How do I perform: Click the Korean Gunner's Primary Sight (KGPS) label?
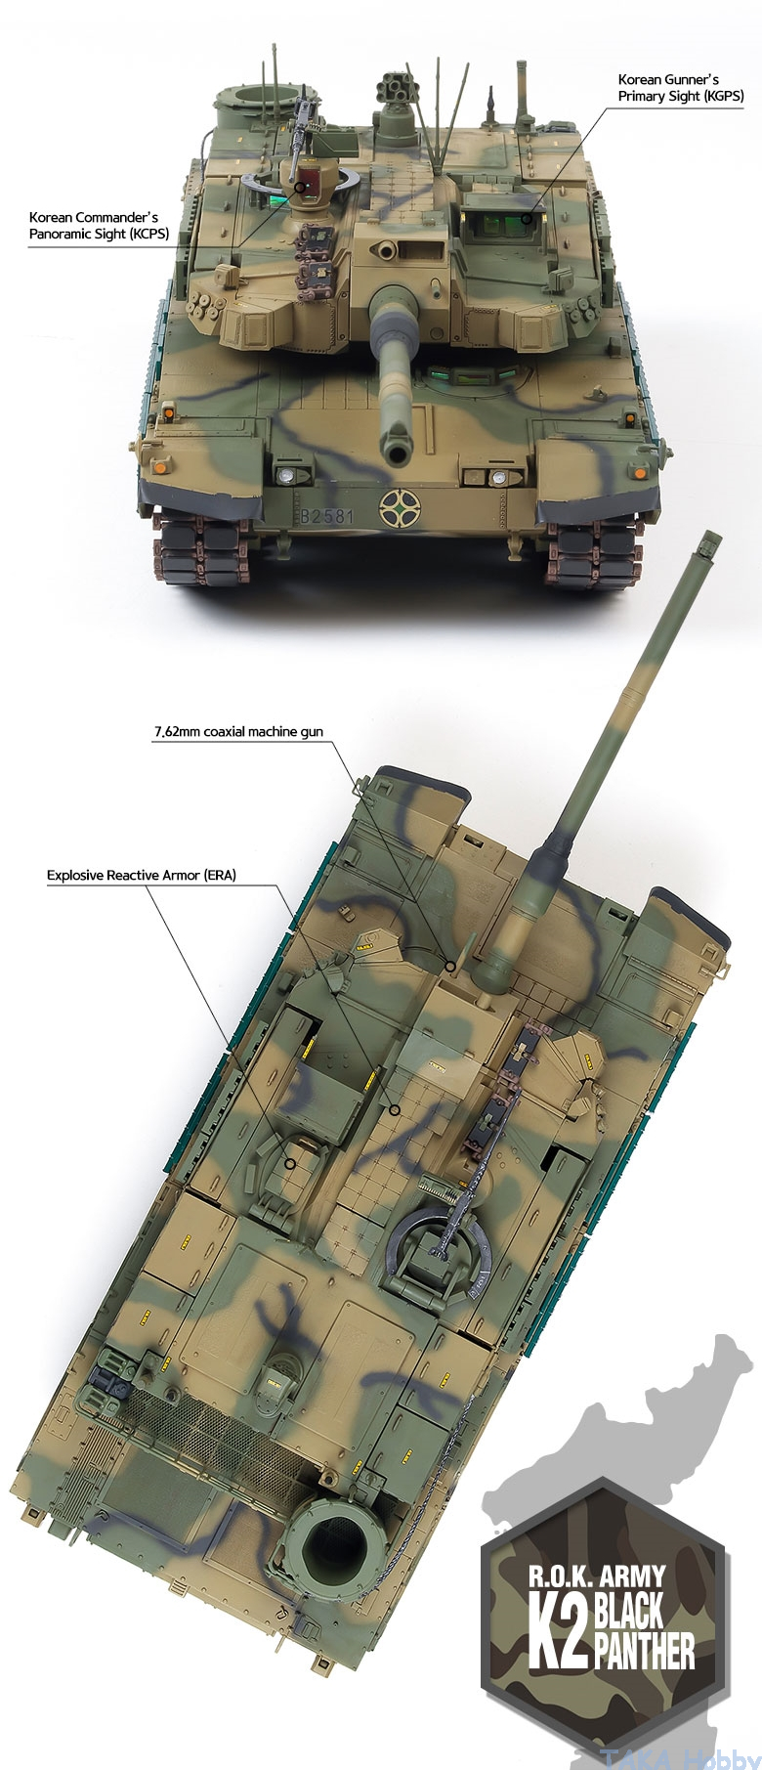tap(681, 87)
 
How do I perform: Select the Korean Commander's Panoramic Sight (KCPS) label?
tap(93, 225)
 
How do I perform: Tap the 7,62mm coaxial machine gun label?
tap(237, 731)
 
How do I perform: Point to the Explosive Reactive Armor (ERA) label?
tap(142, 875)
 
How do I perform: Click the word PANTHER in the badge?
tap(644, 1652)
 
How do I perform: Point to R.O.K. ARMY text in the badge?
tap(597, 1576)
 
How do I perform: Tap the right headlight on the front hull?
tap(499, 478)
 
